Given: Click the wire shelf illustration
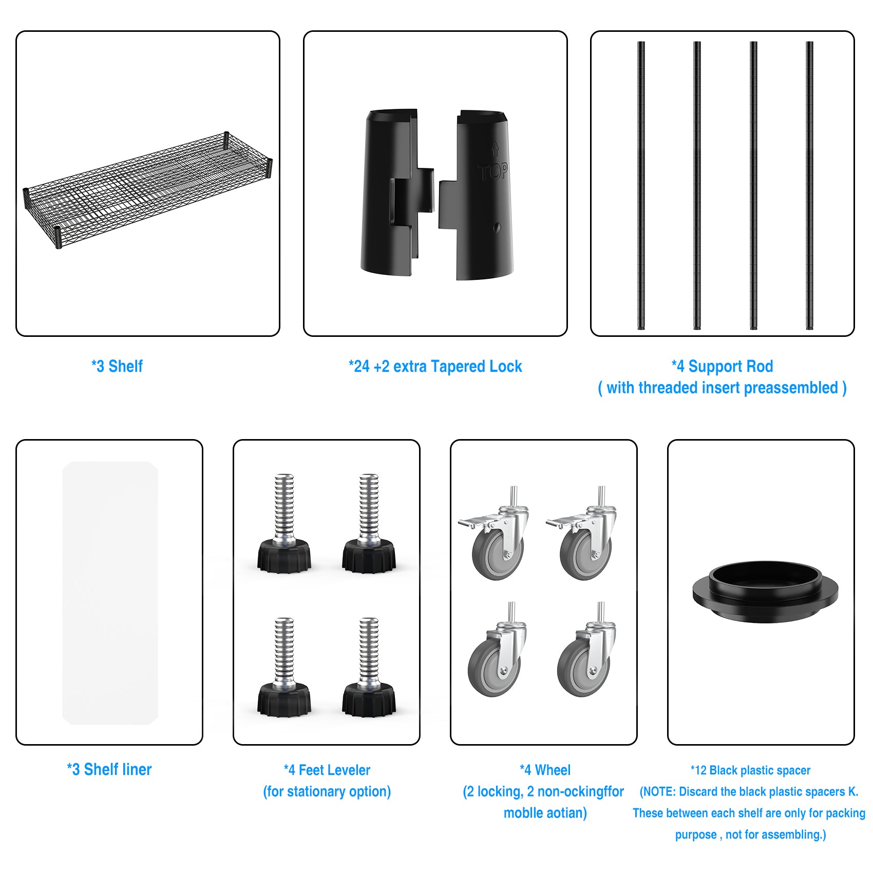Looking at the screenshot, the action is click(x=148, y=190).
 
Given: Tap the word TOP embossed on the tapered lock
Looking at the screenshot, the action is click(x=494, y=172).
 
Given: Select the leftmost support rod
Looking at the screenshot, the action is click(x=641, y=185).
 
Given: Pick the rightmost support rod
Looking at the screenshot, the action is click(x=809, y=185).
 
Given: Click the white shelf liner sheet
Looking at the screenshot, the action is click(x=110, y=593).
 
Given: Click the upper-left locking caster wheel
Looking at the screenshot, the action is click(x=494, y=534).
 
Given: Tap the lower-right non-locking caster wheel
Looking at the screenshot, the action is click(x=585, y=649).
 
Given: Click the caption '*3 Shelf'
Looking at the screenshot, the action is click(x=117, y=366).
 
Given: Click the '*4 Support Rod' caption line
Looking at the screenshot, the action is click(x=722, y=366).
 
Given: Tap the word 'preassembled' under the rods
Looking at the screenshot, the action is click(x=791, y=388).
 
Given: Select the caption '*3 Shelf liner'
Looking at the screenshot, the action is click(x=109, y=769).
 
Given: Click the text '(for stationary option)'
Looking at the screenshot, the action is click(x=327, y=791).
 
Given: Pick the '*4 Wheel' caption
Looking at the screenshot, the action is click(x=545, y=770).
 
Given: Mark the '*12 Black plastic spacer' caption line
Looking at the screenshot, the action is click(x=750, y=770).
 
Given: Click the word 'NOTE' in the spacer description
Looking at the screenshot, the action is click(x=659, y=791).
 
